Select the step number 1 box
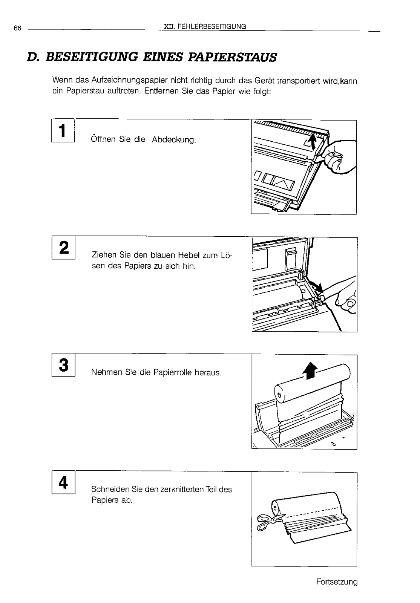(x=63, y=130)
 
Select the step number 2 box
(x=64, y=248)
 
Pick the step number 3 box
(x=64, y=365)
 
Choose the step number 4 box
(x=64, y=482)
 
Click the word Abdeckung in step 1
(x=174, y=140)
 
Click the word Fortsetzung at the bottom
(x=337, y=582)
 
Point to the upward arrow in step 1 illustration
(x=312, y=143)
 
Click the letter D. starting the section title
(x=34, y=57)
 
